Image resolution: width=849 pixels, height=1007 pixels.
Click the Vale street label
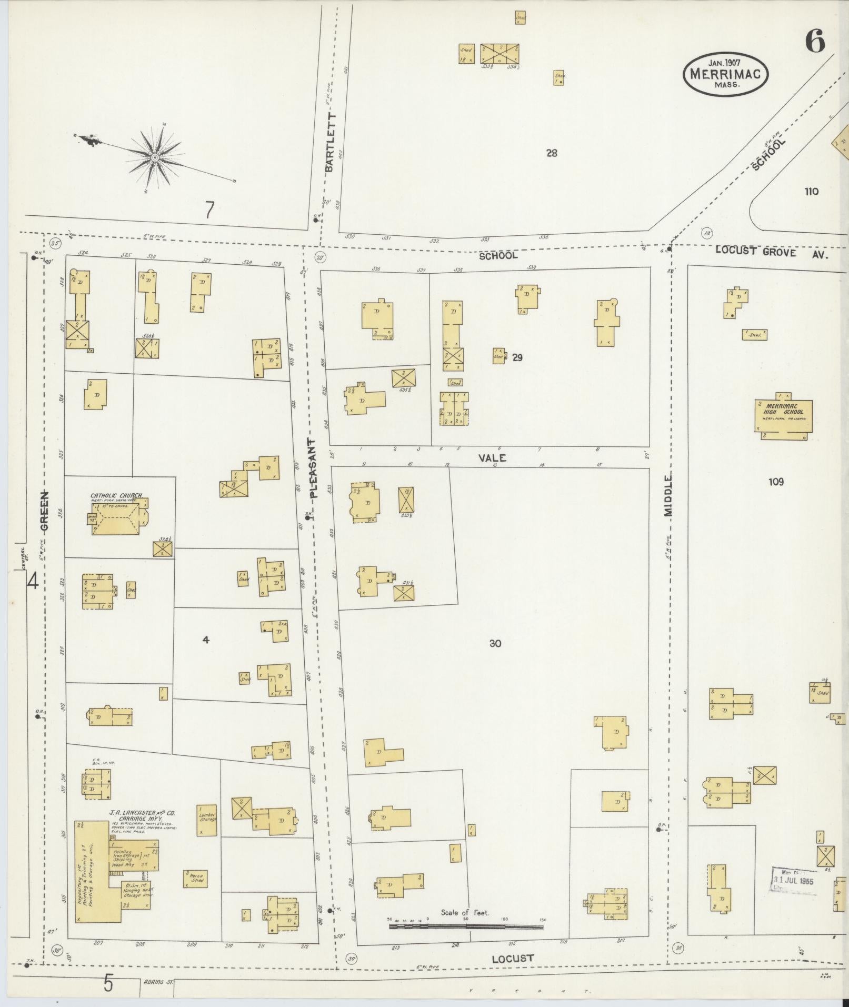tap(492, 458)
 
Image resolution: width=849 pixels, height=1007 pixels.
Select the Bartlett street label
tap(330, 142)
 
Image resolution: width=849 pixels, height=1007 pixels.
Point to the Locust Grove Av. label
tap(771, 252)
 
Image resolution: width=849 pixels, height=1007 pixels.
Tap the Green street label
tap(45, 510)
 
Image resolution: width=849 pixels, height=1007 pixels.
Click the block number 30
tap(495, 643)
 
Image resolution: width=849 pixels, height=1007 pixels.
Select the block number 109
tap(776, 482)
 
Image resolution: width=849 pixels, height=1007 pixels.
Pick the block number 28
tap(552, 153)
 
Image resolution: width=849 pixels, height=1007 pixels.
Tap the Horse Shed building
tap(196, 878)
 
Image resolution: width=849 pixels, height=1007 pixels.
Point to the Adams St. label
tap(157, 982)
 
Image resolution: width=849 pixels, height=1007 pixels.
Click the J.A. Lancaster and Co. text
tap(142, 813)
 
